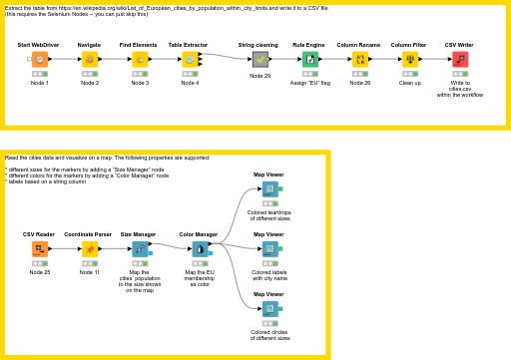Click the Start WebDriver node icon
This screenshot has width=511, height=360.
tap(39, 60)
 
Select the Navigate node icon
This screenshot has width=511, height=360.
tap(89, 60)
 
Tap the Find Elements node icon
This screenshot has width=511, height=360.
tap(139, 60)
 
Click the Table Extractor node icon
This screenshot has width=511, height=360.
tap(189, 60)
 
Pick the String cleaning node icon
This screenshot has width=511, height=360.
tap(259, 60)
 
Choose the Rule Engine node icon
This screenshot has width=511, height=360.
tap(310, 60)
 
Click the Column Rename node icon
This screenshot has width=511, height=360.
tap(360, 60)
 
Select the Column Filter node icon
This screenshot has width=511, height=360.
tap(409, 60)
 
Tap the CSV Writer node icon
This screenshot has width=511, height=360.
tap(460, 60)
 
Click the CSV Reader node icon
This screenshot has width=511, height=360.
tap(39, 248)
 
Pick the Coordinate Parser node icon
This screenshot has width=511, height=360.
tap(89, 248)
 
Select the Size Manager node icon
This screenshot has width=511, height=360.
tap(139, 248)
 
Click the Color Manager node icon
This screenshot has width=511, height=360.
tap(199, 248)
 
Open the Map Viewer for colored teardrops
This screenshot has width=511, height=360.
tap(268, 188)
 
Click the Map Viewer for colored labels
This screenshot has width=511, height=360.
tap(268, 248)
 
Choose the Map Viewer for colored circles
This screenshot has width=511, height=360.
tap(268, 308)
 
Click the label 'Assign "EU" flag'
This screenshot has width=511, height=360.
tap(310, 83)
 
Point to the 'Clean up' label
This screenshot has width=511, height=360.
tap(409, 83)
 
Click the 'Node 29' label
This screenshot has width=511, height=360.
tap(259, 76)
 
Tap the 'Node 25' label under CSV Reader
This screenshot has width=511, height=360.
tap(39, 271)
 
